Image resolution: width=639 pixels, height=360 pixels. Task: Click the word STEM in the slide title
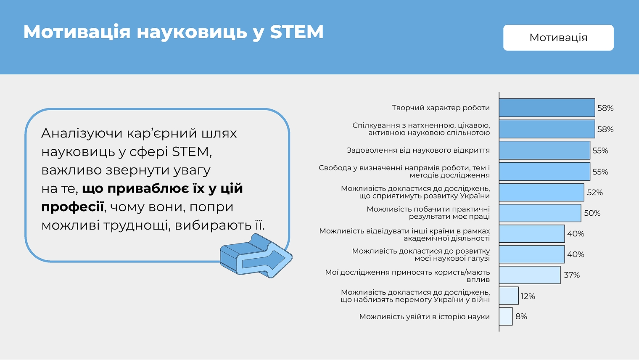click(x=296, y=32)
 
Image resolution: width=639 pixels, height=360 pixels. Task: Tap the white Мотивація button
click(x=558, y=38)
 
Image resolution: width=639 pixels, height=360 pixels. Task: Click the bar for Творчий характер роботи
click(x=547, y=108)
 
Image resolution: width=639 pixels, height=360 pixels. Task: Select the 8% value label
click(x=521, y=316)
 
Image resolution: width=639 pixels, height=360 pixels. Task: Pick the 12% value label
click(x=528, y=296)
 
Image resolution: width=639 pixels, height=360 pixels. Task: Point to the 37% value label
click(x=572, y=275)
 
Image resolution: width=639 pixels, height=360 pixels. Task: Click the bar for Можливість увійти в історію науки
click(x=506, y=316)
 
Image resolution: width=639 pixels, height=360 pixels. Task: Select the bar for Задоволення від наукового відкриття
click(x=544, y=150)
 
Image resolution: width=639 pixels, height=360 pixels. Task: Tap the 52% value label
click(x=594, y=192)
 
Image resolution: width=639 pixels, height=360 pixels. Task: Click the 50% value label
click(x=592, y=213)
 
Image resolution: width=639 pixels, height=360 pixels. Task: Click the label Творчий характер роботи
click(x=441, y=108)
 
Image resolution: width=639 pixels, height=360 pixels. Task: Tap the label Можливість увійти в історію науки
click(x=424, y=317)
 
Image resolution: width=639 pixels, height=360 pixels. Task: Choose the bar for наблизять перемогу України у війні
click(x=509, y=296)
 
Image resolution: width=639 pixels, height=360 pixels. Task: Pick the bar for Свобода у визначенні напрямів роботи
click(x=544, y=172)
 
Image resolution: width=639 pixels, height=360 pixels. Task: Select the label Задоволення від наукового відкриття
click(x=418, y=150)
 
